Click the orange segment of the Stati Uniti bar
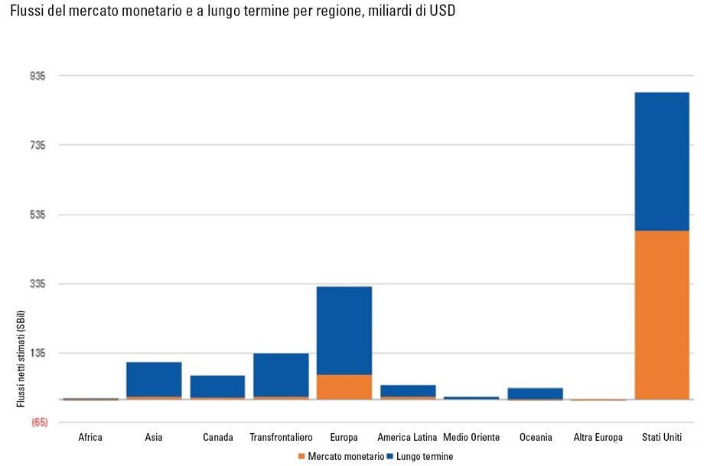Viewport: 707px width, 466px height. pyautogui.click(x=662, y=314)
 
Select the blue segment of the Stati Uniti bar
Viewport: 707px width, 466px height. pyautogui.click(x=662, y=161)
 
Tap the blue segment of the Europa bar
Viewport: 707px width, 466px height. pyautogui.click(x=344, y=330)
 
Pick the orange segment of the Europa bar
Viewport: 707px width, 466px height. pyautogui.click(x=344, y=387)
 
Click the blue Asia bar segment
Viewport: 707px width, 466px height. pyautogui.click(x=154, y=379)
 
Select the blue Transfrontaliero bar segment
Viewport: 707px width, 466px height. pyautogui.click(x=281, y=374)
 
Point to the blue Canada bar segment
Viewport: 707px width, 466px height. pyautogui.click(x=217, y=386)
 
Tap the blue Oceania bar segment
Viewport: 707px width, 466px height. pyautogui.click(x=535, y=393)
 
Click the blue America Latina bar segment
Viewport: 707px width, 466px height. pyautogui.click(x=408, y=390)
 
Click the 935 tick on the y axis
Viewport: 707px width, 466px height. pyautogui.click(x=37, y=76)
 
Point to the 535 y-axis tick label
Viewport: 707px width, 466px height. pyautogui.click(x=37, y=215)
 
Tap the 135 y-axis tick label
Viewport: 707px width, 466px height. pyautogui.click(x=37, y=354)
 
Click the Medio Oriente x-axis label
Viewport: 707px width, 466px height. pyautogui.click(x=471, y=438)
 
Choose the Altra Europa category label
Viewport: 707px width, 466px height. pyautogui.click(x=598, y=438)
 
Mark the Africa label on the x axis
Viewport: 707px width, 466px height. pyautogui.click(x=90, y=438)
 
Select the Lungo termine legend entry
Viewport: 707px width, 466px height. pyautogui.click(x=420, y=456)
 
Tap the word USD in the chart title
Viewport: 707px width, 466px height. pyautogui.click(x=442, y=12)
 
